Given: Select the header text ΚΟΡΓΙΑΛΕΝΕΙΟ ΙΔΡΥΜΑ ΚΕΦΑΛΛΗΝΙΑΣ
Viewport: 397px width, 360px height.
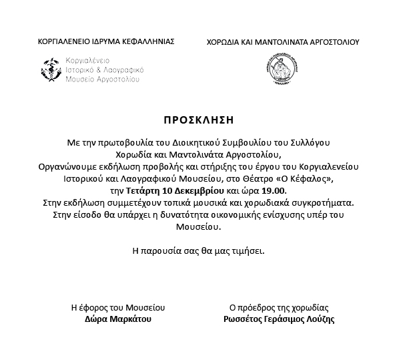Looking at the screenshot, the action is pyautogui.click(x=107, y=41).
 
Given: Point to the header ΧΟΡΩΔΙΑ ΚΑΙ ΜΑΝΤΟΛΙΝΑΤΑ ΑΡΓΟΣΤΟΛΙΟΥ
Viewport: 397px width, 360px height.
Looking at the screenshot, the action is pyautogui.click(x=283, y=41).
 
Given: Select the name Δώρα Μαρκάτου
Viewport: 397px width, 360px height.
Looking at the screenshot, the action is pyautogui.click(x=118, y=320).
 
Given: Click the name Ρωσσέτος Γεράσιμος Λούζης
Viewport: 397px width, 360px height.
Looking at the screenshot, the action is pyautogui.click(x=279, y=320).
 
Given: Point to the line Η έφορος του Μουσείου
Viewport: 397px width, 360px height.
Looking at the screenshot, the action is pyautogui.click(x=118, y=308).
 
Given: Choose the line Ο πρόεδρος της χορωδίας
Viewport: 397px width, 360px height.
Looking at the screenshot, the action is pyautogui.click(x=279, y=308).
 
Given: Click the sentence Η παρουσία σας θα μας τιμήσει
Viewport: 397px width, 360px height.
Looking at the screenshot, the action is pyautogui.click(x=199, y=251).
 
